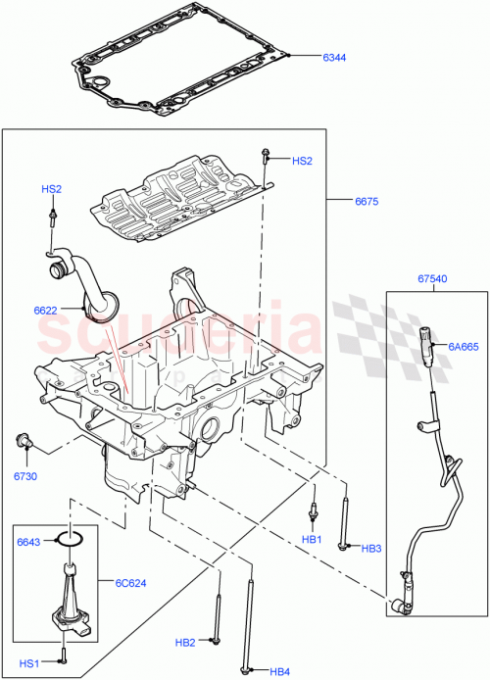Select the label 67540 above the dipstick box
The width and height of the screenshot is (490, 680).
pos(430,279)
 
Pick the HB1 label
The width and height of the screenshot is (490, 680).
pos(312,540)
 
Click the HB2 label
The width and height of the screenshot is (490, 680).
pos(186,643)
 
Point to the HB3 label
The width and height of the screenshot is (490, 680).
pos(371,549)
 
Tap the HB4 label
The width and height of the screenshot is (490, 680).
pos(280,671)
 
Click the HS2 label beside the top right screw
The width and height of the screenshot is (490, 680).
pos(302,161)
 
